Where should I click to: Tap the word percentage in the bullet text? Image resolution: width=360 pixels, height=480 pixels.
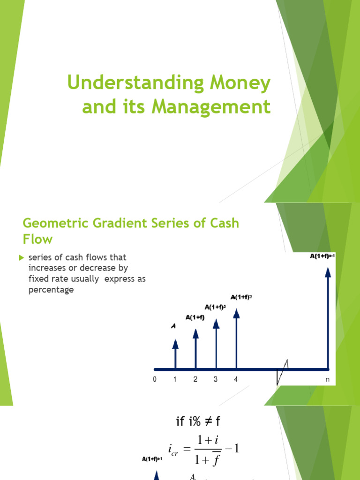point(51,290)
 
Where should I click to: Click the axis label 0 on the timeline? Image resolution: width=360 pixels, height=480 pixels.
point(155,379)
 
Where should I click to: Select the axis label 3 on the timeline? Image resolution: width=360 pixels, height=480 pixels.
point(216,379)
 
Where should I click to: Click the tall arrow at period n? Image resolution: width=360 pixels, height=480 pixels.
point(328,319)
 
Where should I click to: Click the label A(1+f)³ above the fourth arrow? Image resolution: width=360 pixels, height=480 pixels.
point(241,297)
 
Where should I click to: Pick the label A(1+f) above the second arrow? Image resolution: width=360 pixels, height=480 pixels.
point(195,318)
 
